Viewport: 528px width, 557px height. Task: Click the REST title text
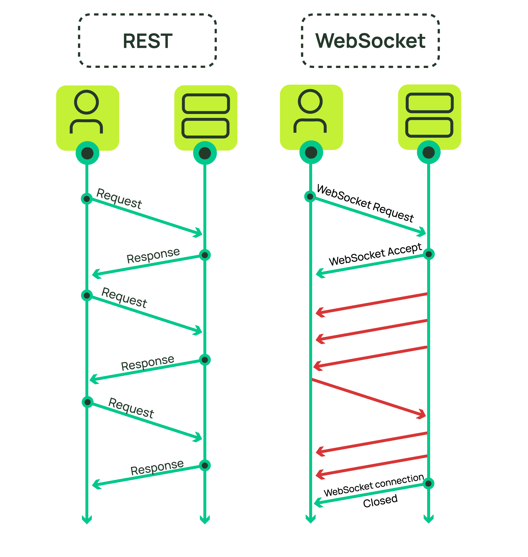(x=148, y=41)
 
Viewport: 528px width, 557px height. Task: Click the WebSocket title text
(x=370, y=41)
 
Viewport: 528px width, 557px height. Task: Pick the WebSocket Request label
(x=365, y=203)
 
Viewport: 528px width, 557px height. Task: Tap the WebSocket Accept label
(x=375, y=254)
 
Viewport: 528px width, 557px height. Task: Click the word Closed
(x=380, y=501)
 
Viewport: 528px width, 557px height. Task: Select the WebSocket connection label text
(x=374, y=485)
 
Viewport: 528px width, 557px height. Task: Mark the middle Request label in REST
(x=124, y=298)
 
